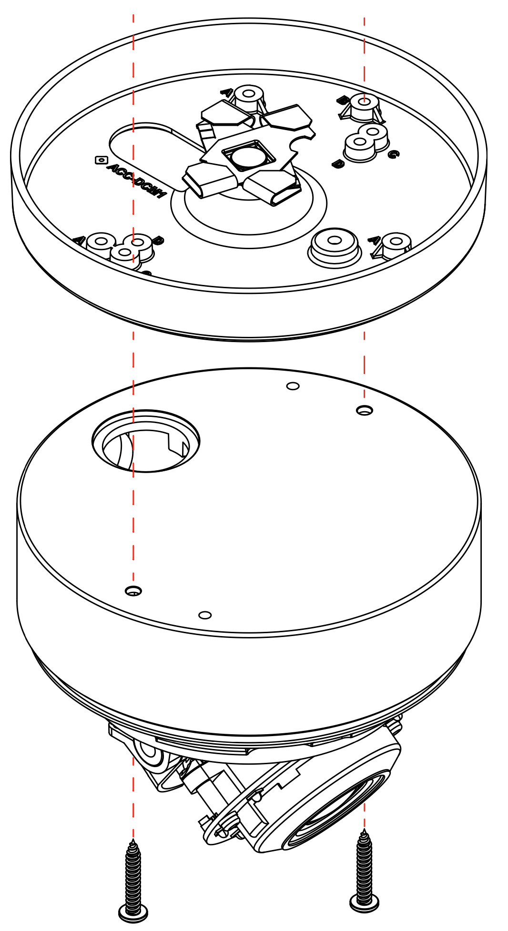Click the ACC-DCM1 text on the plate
(136, 181)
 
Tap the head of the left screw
(133, 912)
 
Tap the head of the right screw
(365, 901)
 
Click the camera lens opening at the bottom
(334, 810)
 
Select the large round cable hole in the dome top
(146, 442)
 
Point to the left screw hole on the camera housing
(133, 591)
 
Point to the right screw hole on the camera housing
(365, 410)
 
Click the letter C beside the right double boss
(393, 154)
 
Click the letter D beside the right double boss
(338, 164)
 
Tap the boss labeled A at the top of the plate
(249, 94)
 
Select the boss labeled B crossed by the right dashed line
(364, 102)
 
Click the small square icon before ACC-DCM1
(101, 160)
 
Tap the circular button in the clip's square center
(248, 157)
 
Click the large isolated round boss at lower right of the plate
(335, 241)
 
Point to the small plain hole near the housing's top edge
(293, 386)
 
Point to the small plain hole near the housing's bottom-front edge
(205, 615)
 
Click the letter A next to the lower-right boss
(375, 240)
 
